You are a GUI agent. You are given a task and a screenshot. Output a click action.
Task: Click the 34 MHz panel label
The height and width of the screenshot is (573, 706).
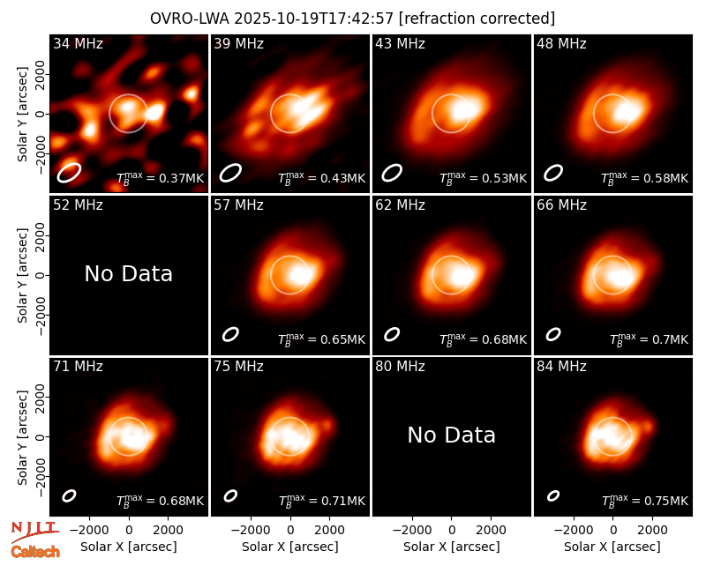pos(78,43)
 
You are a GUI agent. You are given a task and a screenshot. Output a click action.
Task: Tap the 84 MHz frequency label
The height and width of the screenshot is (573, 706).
pos(561,367)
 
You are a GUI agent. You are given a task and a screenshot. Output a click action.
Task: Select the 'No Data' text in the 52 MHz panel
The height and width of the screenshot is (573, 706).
pos(128,273)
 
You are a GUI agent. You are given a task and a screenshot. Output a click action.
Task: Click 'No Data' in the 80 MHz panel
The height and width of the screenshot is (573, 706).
pos(451,435)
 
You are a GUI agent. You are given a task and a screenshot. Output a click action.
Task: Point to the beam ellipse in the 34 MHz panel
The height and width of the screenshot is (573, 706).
pos(69,173)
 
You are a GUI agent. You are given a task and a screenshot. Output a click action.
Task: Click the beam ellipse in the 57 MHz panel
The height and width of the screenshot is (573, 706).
pos(230,334)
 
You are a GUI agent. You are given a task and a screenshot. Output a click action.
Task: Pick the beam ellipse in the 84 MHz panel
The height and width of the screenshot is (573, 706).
pos(553,495)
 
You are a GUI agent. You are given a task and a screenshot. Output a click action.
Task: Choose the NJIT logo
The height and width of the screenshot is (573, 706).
pos(34,532)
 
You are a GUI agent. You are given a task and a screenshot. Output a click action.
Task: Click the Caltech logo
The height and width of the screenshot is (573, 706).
pos(35,552)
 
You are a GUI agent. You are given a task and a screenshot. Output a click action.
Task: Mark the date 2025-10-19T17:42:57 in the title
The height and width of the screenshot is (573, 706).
pos(313,19)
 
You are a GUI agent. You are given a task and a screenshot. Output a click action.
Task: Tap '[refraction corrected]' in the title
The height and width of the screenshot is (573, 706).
pos(477,19)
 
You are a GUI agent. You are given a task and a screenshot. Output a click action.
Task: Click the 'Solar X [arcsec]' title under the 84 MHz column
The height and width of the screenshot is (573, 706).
pos(612,547)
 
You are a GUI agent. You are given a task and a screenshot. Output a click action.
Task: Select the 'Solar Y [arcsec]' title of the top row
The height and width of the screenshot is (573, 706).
pos(22,114)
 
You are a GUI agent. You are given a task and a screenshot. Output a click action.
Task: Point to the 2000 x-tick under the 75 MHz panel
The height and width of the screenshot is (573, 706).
pos(329,530)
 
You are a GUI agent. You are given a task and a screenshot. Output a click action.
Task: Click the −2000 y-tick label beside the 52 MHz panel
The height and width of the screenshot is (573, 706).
pos(39,315)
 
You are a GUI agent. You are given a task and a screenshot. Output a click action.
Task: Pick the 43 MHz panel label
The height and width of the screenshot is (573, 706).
pos(401,43)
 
